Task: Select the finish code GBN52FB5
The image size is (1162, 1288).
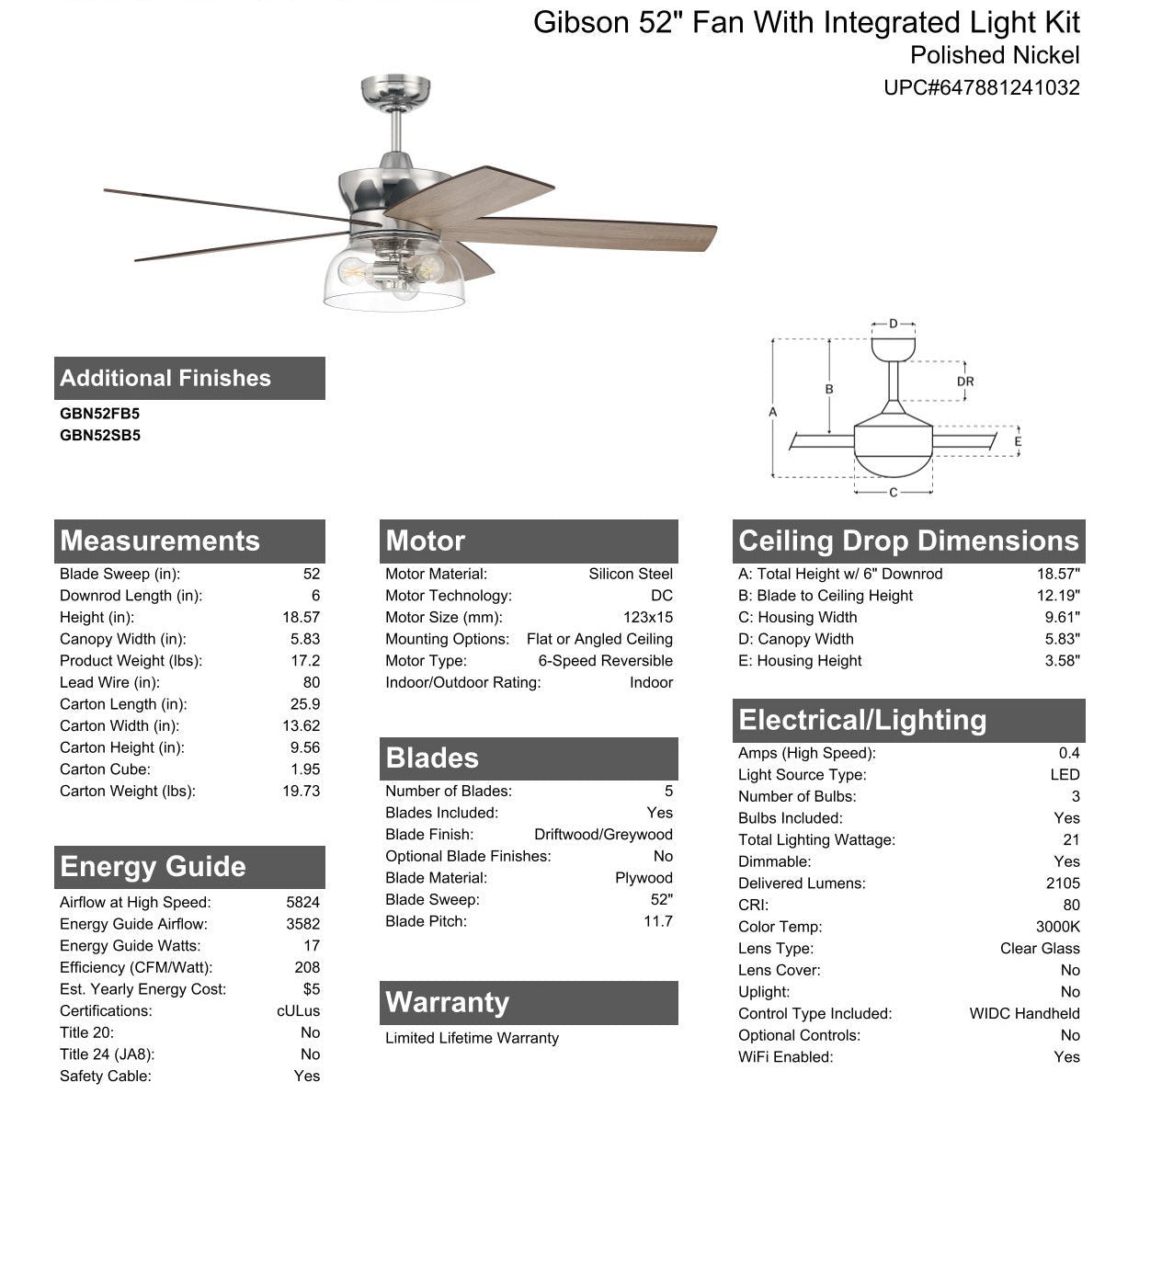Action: pos(100,414)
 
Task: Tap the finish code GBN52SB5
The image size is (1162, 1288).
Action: pos(100,436)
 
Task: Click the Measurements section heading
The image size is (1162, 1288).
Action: pos(160,541)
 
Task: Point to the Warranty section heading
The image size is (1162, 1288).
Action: pos(447,1002)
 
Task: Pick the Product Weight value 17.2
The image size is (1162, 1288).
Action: pos(305,661)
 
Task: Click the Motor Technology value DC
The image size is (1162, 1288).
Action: pos(661,596)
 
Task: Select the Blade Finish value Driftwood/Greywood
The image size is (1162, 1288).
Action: pos(603,835)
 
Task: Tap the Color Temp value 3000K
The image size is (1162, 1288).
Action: pos(1057,927)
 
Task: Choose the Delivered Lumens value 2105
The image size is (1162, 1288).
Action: pos(1063,883)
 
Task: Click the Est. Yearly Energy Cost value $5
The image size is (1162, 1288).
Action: pos(311,989)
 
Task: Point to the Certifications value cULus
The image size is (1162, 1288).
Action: pos(298,1011)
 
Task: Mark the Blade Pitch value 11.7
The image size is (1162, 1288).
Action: pos(657,921)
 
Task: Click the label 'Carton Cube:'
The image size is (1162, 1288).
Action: pos(105,769)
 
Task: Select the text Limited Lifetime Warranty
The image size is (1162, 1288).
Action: pos(472,1038)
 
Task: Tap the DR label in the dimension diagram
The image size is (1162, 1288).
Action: pos(965,382)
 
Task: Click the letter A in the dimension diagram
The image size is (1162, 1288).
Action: pos(773,412)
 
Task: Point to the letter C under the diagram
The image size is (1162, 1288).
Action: pos(894,493)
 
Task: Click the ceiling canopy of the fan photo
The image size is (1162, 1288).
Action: pos(395,91)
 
